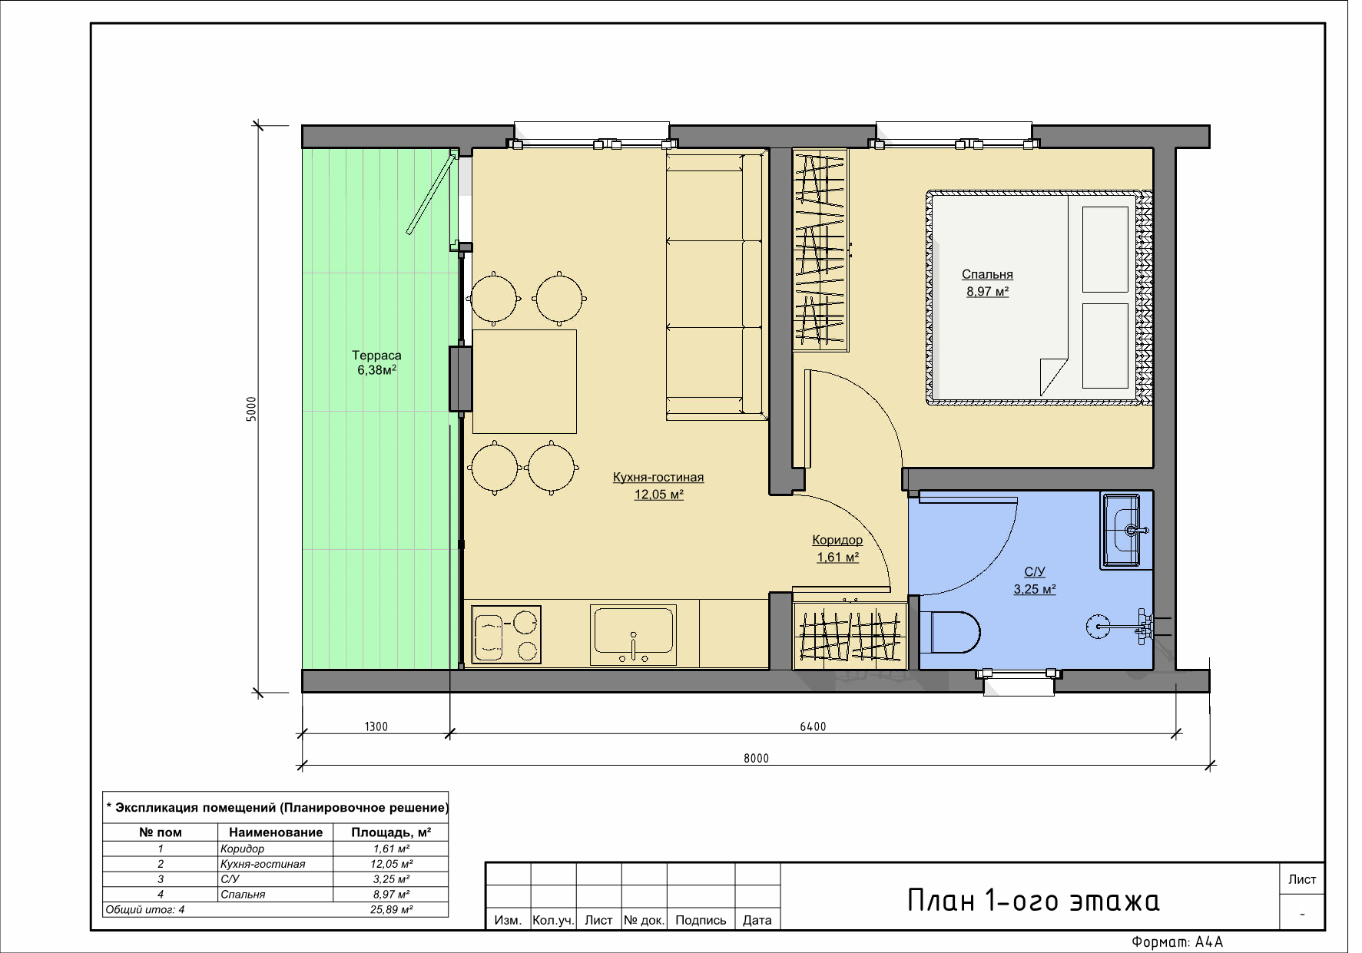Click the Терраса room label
point(376,362)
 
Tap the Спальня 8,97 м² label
point(987,283)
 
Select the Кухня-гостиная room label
point(658,485)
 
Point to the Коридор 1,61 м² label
point(837,548)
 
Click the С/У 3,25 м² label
point(1035,581)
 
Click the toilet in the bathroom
point(951,631)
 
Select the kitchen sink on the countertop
point(633,635)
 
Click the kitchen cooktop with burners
point(506,634)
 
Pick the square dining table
point(525,382)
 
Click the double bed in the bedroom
point(1039,297)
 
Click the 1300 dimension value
point(376,726)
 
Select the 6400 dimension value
point(813,726)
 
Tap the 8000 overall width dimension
point(756,758)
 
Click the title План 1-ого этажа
point(1033,900)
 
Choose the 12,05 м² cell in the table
point(391,864)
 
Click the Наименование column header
point(276,832)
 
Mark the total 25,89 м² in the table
point(391,909)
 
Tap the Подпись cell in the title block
point(701,920)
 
